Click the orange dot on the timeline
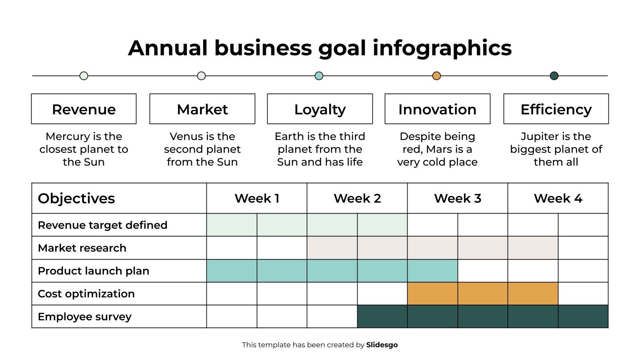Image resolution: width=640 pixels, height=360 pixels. pyautogui.click(x=436, y=76)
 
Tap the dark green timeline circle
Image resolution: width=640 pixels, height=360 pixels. pyautogui.click(x=554, y=76)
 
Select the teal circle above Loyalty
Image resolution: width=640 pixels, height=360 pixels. pyautogui.click(x=319, y=76)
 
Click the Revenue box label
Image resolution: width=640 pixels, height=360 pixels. pyautogui.click(x=84, y=110)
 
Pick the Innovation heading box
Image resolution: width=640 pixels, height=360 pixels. pyautogui.click(x=438, y=109)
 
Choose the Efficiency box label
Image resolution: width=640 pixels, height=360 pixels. pyautogui.click(x=556, y=110)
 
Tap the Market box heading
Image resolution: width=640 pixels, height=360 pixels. pyautogui.click(x=202, y=110)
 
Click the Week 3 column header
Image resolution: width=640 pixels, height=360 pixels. pyautogui.click(x=458, y=198)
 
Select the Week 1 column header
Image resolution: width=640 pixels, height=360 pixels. pyautogui.click(x=257, y=198)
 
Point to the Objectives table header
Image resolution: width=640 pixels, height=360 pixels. pyautogui.click(x=76, y=198)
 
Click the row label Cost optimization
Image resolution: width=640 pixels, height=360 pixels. pyautogui.click(x=86, y=294)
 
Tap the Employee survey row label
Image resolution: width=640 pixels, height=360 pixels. pyautogui.click(x=84, y=317)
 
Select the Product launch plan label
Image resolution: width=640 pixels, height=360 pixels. pyautogui.click(x=94, y=271)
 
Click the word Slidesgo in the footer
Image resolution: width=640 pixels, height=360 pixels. pyautogui.click(x=382, y=345)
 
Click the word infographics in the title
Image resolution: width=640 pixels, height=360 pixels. pyautogui.click(x=442, y=48)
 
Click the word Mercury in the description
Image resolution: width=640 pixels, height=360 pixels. pyautogui.click(x=68, y=136)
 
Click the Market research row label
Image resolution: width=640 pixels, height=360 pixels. pyautogui.click(x=82, y=248)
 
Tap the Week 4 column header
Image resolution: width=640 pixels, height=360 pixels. pyautogui.click(x=558, y=198)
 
